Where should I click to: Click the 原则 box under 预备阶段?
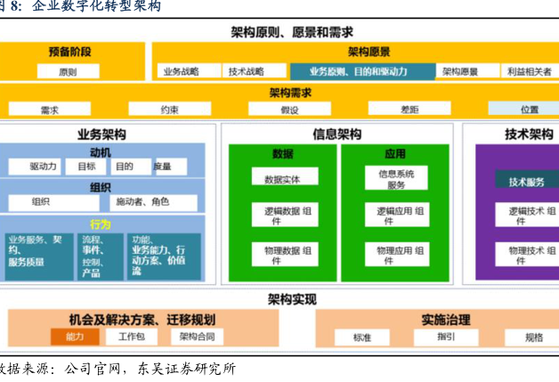point(68,71)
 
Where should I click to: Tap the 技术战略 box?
point(246,71)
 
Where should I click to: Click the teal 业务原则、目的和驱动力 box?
point(360,71)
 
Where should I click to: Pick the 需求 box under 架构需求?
point(50,110)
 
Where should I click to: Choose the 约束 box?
point(169,110)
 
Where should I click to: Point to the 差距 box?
point(409,110)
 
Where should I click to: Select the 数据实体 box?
point(282,179)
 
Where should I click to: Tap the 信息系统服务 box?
point(394,179)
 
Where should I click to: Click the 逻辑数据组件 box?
point(282,215)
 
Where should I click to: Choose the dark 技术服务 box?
point(526,182)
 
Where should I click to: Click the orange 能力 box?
point(75,337)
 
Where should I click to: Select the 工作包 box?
point(131,337)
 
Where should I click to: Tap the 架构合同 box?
point(197,337)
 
